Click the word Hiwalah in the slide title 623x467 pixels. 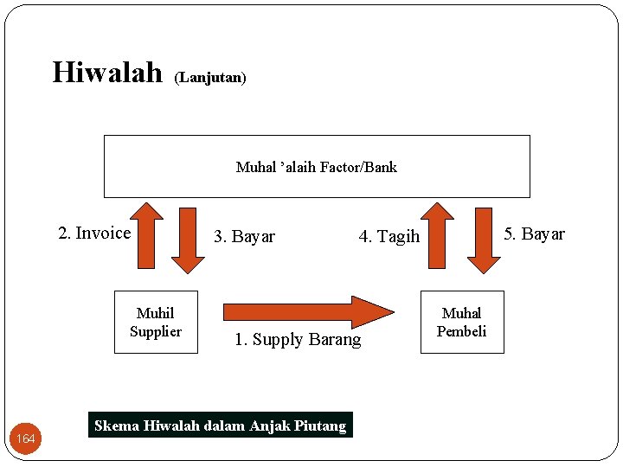coord(106,72)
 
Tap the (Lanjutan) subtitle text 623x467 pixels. coord(210,78)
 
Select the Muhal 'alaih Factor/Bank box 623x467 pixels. coord(317,166)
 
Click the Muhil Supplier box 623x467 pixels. coord(156,322)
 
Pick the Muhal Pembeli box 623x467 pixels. coord(461,322)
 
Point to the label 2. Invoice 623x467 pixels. coord(94,233)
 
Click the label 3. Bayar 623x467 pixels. coord(244,237)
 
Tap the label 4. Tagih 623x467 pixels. coord(389,237)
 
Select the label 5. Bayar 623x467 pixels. coord(534,234)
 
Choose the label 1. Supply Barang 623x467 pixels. coord(298,340)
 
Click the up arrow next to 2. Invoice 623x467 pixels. coord(151,237)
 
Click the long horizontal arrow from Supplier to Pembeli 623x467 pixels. coord(308,310)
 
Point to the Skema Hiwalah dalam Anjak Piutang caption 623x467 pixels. coord(220,425)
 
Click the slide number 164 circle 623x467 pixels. coord(26,439)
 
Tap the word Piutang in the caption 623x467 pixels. coord(321,425)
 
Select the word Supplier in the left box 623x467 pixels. coord(156,331)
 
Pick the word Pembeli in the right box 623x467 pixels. coord(461,331)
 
